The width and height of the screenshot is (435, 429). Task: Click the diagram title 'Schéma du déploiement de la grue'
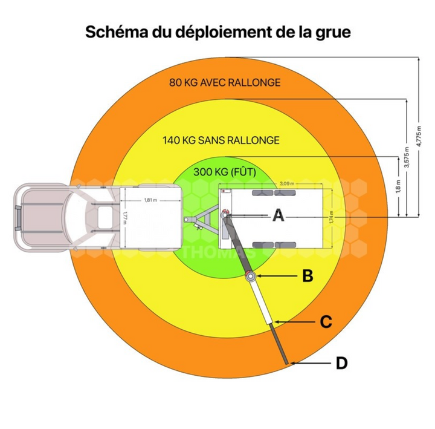coord(217,32)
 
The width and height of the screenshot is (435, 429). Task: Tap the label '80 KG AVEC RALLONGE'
coord(225,82)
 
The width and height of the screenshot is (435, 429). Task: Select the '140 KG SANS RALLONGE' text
coord(221,140)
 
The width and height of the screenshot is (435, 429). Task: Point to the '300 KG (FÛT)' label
coord(225,172)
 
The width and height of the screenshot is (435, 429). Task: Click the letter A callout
coord(277,215)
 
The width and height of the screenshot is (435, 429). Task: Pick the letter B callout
coord(308,276)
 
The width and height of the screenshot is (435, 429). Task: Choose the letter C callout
coord(326,321)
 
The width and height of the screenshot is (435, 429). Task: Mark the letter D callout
coord(341,363)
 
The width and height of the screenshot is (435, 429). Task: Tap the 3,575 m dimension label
coord(407,158)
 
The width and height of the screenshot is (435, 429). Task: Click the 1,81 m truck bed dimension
coord(150,200)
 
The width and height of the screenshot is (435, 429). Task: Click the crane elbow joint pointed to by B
coord(248,277)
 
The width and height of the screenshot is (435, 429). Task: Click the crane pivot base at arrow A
coord(224,214)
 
